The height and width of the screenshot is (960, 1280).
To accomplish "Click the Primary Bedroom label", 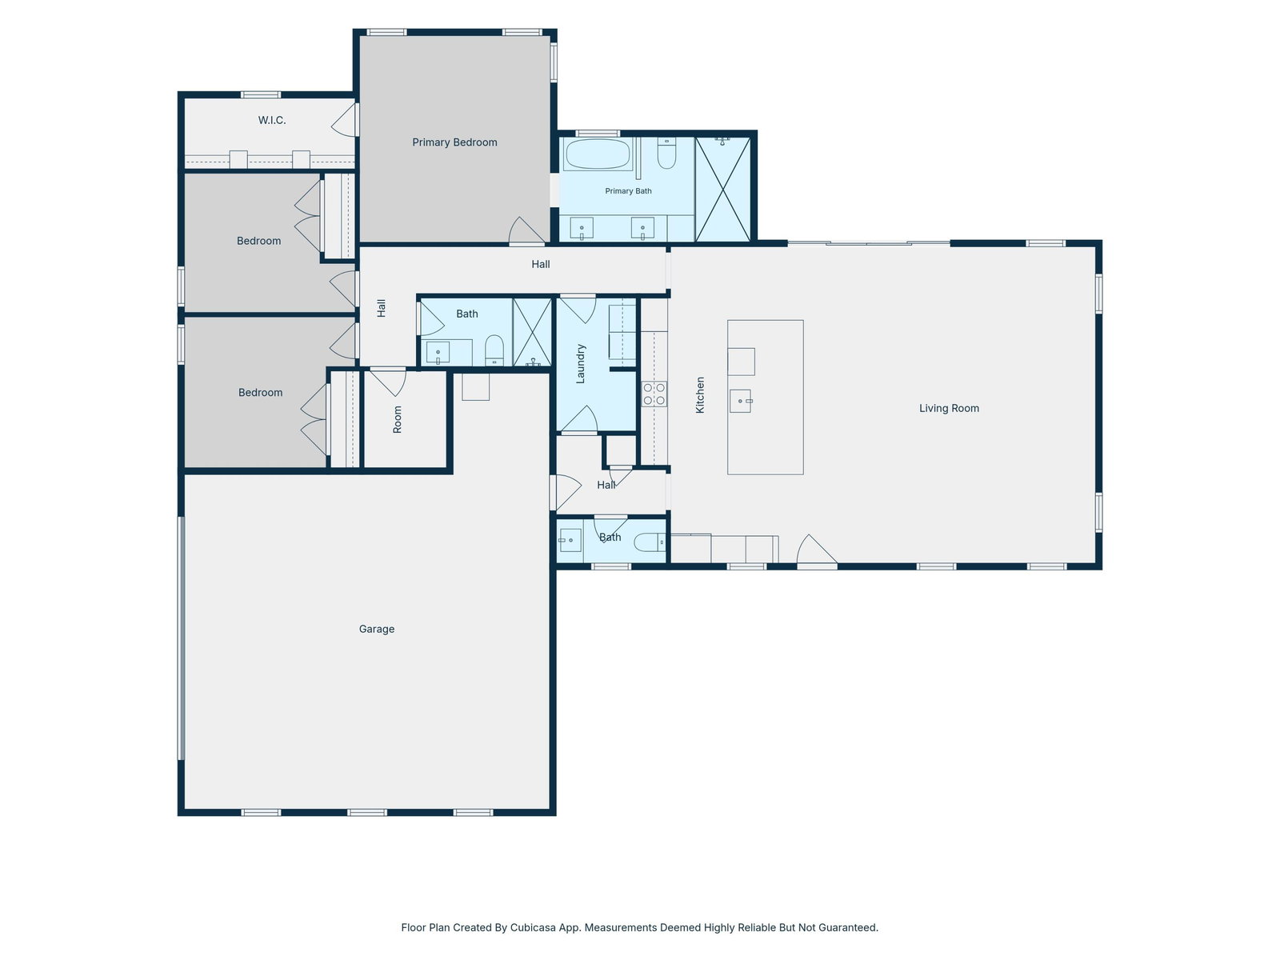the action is pyautogui.click(x=454, y=142).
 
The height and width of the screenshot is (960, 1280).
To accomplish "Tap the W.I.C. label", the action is pyautogui.click(x=272, y=120).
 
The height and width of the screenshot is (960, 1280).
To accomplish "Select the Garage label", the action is pyautogui.click(x=376, y=629).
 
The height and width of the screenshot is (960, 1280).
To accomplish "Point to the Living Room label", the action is pyautogui.click(x=949, y=408).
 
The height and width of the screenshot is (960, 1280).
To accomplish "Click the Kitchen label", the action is pyautogui.click(x=700, y=395).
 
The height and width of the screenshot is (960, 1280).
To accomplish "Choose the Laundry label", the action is pyautogui.click(x=580, y=364).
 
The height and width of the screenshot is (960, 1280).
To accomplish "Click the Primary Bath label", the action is pyautogui.click(x=628, y=191).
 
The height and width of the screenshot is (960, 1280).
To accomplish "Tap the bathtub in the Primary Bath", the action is pyautogui.click(x=597, y=154).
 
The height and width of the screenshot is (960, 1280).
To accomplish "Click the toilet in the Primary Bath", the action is pyautogui.click(x=666, y=153).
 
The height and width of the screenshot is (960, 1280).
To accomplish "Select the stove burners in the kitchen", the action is pyautogui.click(x=654, y=394).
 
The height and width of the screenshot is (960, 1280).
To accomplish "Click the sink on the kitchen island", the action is pyautogui.click(x=741, y=401).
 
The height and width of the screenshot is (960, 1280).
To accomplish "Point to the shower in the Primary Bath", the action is pyautogui.click(x=722, y=189).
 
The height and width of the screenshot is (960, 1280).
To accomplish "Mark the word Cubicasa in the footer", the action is pyautogui.click(x=533, y=927).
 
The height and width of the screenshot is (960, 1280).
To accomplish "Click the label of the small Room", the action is pyautogui.click(x=397, y=420).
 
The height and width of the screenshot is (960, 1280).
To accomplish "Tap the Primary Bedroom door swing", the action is pyautogui.click(x=526, y=230).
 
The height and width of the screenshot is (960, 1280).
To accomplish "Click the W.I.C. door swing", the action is pyautogui.click(x=344, y=120).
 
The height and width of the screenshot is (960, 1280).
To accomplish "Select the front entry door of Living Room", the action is pyautogui.click(x=817, y=550).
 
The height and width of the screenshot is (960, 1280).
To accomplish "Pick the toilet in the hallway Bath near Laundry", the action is pyautogui.click(x=494, y=350).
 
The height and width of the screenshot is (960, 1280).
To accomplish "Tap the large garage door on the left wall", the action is pyautogui.click(x=182, y=638).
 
